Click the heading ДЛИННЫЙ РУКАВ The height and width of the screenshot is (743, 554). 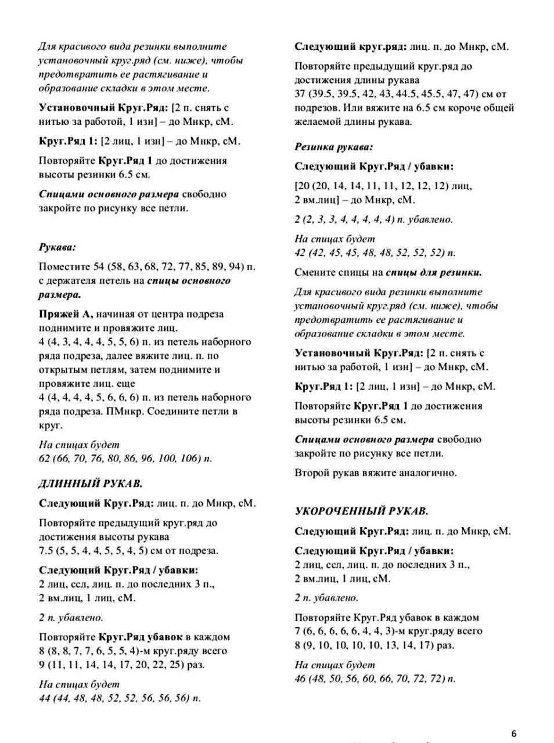(90, 483)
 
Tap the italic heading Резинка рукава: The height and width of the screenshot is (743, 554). (333, 147)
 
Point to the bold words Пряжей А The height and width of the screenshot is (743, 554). (66, 314)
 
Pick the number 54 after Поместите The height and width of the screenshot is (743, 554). (99, 266)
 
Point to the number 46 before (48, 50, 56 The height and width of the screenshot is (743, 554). (300, 679)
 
